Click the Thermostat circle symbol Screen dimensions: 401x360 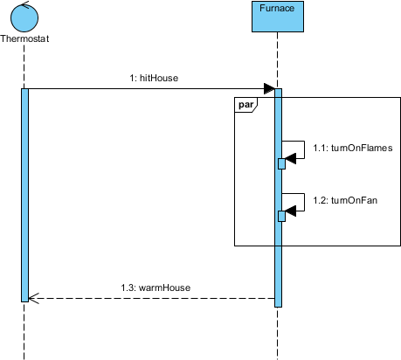[24, 18]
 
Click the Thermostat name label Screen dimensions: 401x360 [24, 38]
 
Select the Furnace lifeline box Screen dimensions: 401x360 [278, 17]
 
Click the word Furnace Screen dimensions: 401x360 [277, 8]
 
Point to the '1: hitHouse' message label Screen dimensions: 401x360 [154, 78]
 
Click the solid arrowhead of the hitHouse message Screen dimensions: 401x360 [269, 88]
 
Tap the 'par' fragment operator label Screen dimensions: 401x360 [246, 105]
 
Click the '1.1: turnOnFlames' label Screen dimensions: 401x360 [353, 148]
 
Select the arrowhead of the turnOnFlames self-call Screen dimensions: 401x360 [290, 158]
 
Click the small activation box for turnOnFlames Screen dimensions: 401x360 [281, 163]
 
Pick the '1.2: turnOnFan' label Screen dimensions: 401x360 [345, 200]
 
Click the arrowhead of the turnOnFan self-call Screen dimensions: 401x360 [290, 211]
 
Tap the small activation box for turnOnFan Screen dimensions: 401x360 [281, 216]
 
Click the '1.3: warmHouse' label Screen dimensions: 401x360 [156, 287]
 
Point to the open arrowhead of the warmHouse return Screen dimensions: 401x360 [34, 298]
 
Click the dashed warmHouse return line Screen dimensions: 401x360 [151, 298]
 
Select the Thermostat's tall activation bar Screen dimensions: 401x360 [24, 195]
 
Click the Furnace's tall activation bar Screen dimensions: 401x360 [278, 197]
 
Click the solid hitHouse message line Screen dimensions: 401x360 [151, 88]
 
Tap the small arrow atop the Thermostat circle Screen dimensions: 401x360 [25, 4]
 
